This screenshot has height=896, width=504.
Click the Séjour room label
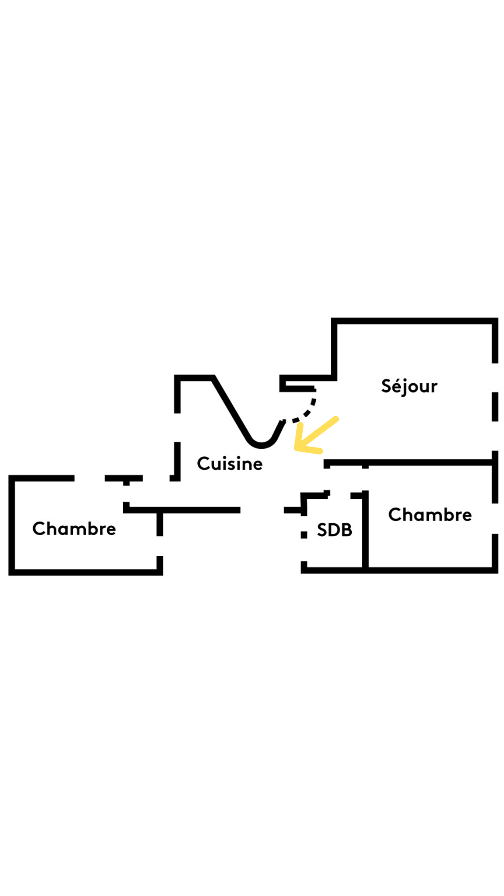tap(409, 386)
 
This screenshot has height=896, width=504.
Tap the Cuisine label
tap(230, 464)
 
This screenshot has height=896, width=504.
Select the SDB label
tap(334, 530)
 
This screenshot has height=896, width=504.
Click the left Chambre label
tap(74, 529)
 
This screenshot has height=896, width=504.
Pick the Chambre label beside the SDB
tap(430, 515)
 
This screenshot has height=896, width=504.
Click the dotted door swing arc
tap(308, 411)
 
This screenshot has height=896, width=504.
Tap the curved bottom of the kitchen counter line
tap(262, 445)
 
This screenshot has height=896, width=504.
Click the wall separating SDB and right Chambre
tap(365, 532)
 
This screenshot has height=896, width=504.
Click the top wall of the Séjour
tap(415, 321)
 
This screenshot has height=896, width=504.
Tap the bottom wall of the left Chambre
tap(84, 572)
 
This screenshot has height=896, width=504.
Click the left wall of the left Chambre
tap(12, 525)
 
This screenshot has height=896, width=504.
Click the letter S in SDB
tap(322, 530)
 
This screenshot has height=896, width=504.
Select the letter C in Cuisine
tap(203, 464)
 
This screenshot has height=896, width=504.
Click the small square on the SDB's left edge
tap(304, 535)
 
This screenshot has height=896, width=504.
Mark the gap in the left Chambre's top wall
tap(90, 478)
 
